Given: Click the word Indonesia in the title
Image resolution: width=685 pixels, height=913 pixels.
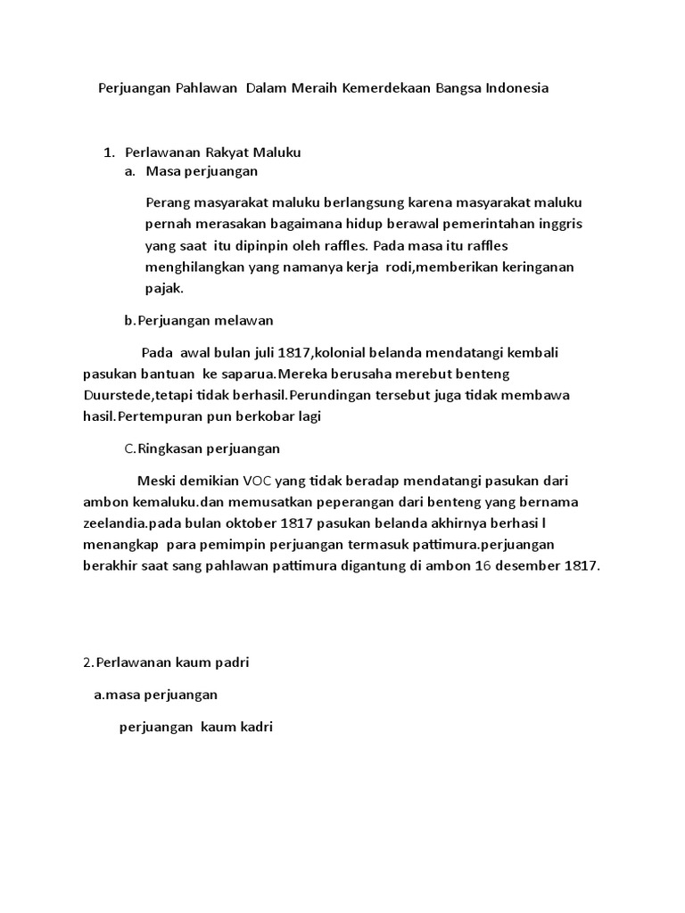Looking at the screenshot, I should click(x=516, y=88).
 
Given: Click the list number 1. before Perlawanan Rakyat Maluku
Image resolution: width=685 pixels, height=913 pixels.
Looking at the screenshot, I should click(x=111, y=152).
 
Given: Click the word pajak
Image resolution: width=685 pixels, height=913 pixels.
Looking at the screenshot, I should click(x=163, y=289).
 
